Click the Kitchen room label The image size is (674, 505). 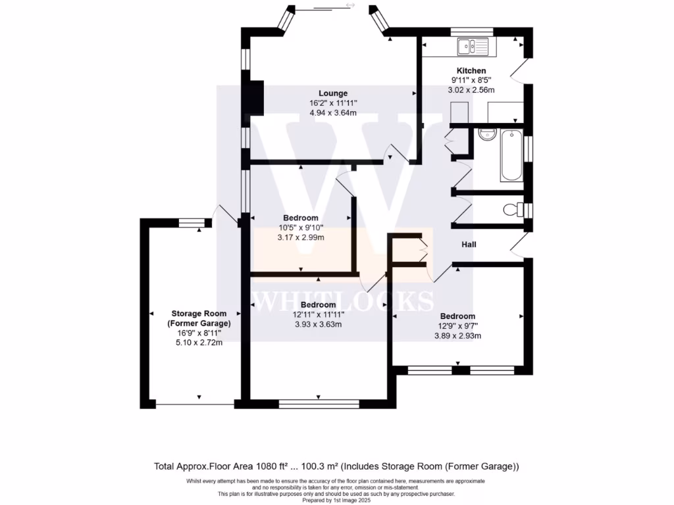coord(471,70)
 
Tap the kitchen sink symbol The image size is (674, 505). coord(472,46)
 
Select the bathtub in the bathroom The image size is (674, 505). coord(511,157)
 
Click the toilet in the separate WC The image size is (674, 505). coord(513,210)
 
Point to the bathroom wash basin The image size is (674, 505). coord(487,135)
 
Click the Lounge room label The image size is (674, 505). coord(333,93)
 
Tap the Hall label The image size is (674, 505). coord(469,245)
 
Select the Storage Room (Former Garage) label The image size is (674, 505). coord(201,318)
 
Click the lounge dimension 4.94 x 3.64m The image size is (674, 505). coord(333,112)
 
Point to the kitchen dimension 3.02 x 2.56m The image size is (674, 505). coord(471,89)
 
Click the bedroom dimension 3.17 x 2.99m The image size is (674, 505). coord(301,237)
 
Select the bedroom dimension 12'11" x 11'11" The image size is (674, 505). coord(318,314)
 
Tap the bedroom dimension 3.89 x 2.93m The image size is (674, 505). coord(457,335)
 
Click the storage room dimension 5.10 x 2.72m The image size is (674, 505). coord(201,343)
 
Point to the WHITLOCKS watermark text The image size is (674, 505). coord(342,301)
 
